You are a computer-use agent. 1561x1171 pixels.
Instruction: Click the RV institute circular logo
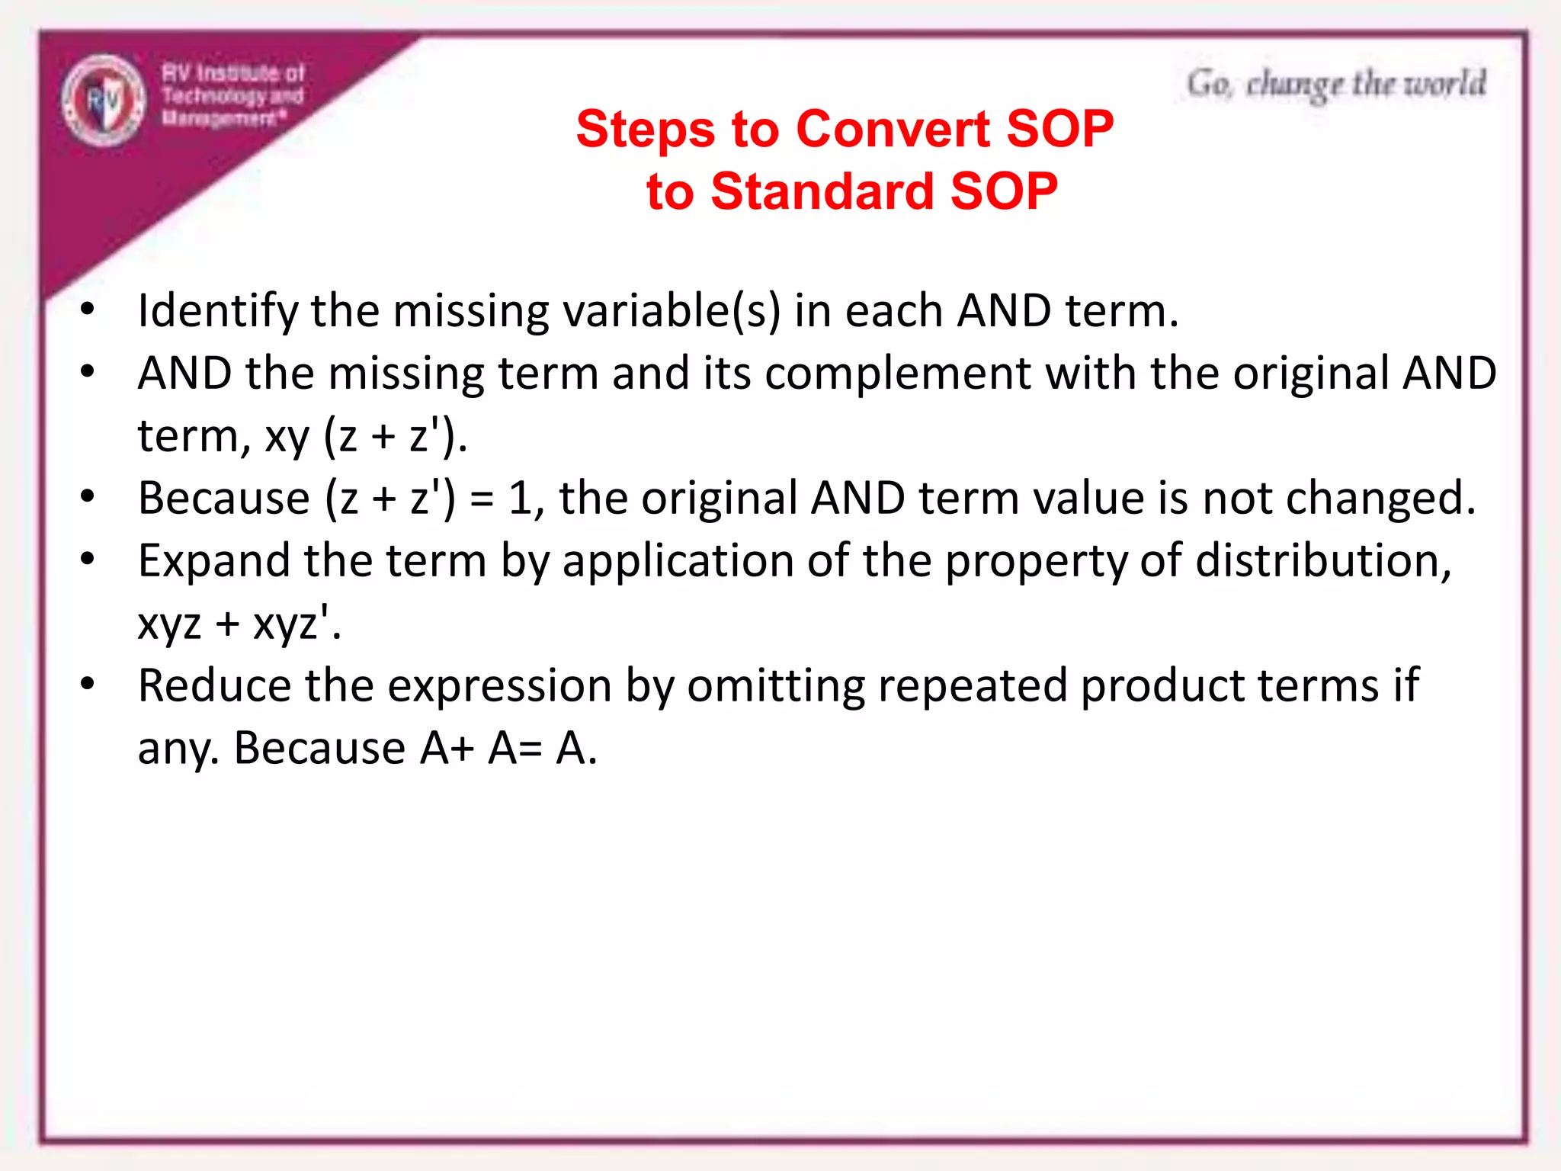pos(104,101)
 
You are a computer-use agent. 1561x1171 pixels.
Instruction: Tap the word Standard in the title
pos(822,191)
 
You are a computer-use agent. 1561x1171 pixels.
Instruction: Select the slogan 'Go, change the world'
pos(1335,84)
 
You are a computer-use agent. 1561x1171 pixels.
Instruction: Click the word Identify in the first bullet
pos(217,312)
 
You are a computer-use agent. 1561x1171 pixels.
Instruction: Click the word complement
pos(897,374)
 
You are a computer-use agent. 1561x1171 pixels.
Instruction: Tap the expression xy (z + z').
pos(365,437)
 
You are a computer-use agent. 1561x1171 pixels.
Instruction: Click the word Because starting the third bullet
pos(223,499)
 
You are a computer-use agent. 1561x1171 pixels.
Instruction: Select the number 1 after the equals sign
pos(520,499)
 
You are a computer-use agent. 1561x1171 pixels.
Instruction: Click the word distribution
pos(1323,562)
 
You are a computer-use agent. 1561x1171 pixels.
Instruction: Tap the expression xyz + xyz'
pos(239,624)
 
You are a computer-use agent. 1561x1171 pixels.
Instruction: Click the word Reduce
pos(214,686)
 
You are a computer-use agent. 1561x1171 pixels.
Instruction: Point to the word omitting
pos(775,686)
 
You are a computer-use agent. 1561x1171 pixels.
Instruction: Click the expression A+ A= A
pos(508,749)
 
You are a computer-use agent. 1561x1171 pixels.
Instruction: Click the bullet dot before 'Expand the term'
pos(88,560)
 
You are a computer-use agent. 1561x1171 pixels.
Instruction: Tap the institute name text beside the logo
pos(232,95)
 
